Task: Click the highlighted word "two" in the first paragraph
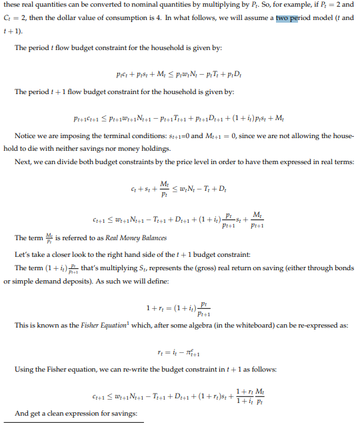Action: (283, 17)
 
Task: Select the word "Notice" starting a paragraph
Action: (25, 135)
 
